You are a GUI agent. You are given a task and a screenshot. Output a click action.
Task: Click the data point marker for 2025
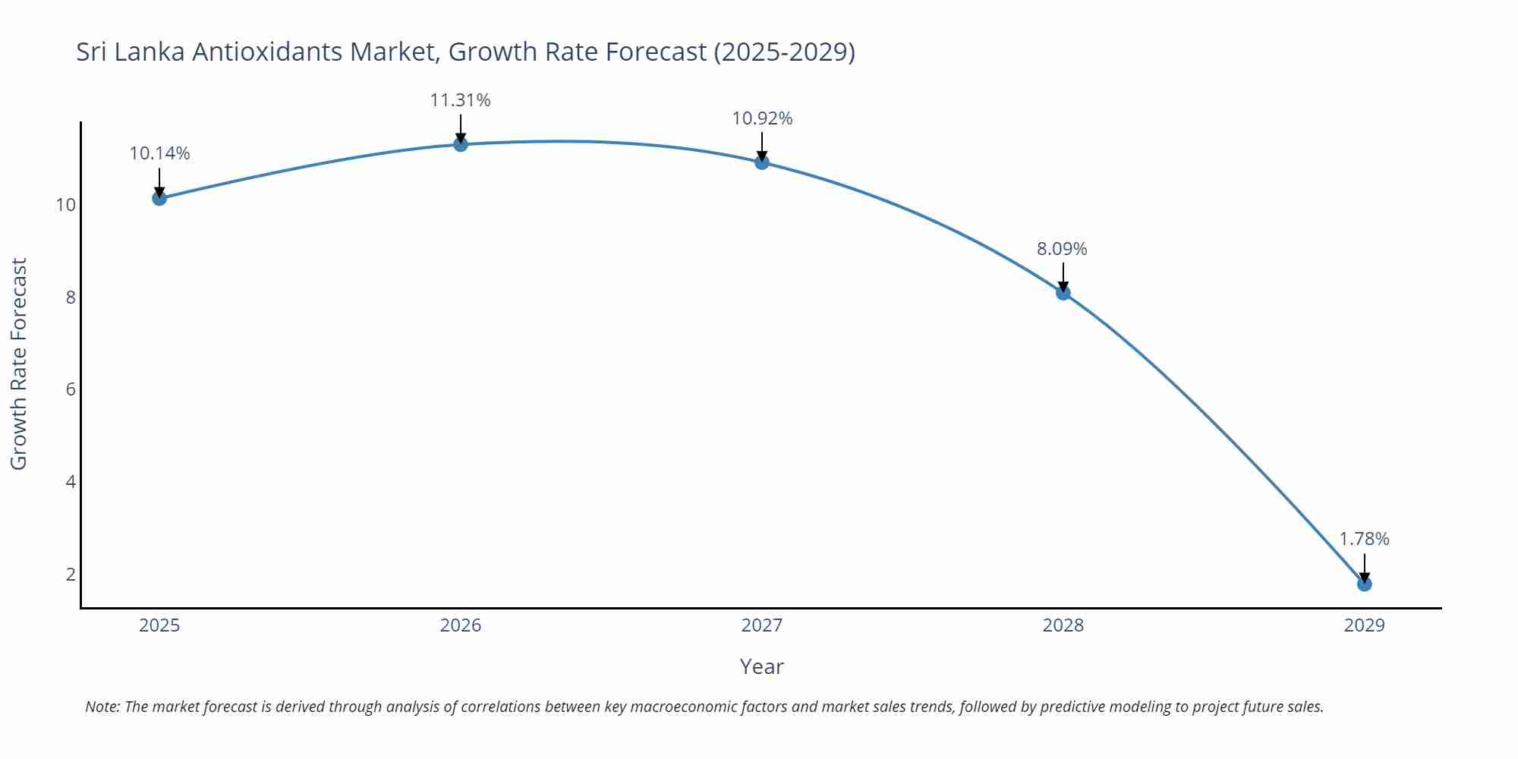[x=159, y=198]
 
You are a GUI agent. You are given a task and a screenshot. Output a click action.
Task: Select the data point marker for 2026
[x=461, y=144]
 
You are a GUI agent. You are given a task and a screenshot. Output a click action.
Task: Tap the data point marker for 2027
[x=762, y=162]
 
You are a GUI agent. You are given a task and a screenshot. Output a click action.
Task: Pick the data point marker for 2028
[x=1063, y=292]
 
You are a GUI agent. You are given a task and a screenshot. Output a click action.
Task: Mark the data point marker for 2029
[x=1364, y=584]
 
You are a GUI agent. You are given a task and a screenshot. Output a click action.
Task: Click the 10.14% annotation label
[x=159, y=153]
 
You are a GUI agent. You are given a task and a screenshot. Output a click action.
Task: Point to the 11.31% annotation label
[x=461, y=100]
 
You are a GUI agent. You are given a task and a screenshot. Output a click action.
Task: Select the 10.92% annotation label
[x=762, y=118]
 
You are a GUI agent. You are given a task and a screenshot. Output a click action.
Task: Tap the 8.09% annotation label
[x=1062, y=249]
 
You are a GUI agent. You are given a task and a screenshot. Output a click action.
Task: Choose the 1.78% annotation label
[x=1364, y=539]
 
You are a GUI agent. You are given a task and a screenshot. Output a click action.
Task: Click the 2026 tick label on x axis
[x=461, y=625]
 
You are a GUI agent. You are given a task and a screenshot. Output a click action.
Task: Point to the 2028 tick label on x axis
[x=1063, y=625]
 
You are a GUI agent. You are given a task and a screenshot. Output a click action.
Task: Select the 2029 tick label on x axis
[x=1364, y=625]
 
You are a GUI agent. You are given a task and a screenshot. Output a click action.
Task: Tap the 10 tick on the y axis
[x=66, y=205]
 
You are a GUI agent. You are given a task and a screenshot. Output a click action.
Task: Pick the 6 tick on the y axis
[x=71, y=389]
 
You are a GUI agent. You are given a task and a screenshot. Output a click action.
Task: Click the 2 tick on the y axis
[x=71, y=574]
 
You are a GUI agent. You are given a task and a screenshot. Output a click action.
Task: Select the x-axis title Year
[x=761, y=666]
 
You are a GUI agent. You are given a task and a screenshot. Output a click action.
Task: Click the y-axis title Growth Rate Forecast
[x=19, y=364]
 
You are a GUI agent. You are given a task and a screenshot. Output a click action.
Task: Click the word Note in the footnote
[x=102, y=707]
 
